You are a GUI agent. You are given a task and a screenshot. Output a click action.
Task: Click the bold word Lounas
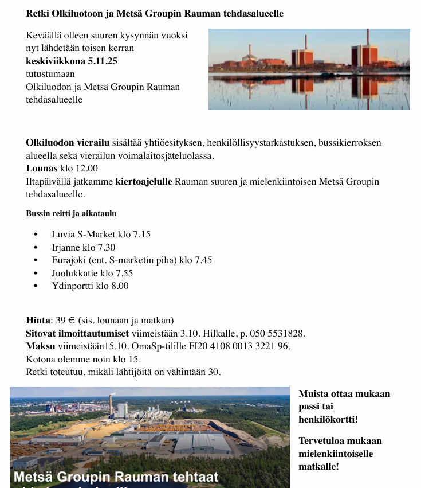pyautogui.click(x=41, y=168)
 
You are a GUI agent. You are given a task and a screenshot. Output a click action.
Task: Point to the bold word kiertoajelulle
pyautogui.click(x=143, y=182)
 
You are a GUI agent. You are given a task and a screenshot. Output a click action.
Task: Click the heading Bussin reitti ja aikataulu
pyautogui.click(x=71, y=213)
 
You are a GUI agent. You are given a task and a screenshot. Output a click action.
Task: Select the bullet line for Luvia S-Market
pyautogui.click(x=101, y=234)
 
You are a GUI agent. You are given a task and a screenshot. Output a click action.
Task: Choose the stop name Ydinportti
pyautogui.click(x=72, y=286)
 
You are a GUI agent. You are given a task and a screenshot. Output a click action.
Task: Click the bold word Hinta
pyautogui.click(x=38, y=320)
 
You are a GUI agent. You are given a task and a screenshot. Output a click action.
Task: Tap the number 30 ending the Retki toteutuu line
pyautogui.click(x=214, y=372)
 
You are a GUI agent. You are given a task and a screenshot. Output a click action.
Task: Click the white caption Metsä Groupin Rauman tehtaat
pyautogui.click(x=116, y=477)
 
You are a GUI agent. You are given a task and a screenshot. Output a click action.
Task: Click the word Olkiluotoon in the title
pyautogui.click(x=75, y=13)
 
